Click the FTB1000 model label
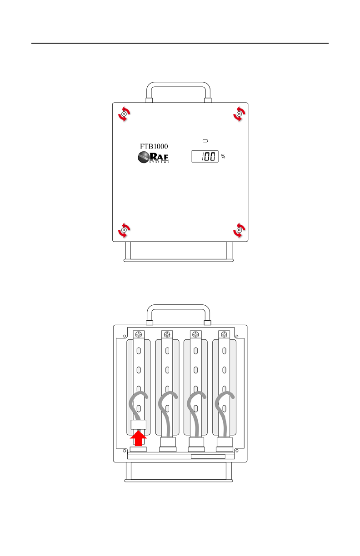pyautogui.click(x=153, y=146)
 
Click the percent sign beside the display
pyautogui.click(x=223, y=157)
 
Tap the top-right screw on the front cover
pyautogui.click(x=238, y=114)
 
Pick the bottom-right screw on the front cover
pyautogui.click(x=238, y=230)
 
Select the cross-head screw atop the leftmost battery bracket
pyautogui.click(x=139, y=334)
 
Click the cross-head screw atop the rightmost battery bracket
pyautogui.click(x=224, y=334)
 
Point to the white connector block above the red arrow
pyautogui.click(x=139, y=425)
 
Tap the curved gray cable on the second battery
pyautogui.click(x=163, y=409)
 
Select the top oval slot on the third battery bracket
pyautogui.click(x=196, y=351)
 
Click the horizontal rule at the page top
pyautogui.click(x=180, y=44)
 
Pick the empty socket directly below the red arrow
pyautogui.click(x=139, y=449)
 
